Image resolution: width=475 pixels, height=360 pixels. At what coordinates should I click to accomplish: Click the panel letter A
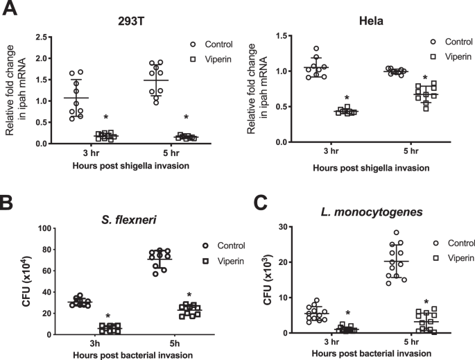(x=8, y=9)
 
